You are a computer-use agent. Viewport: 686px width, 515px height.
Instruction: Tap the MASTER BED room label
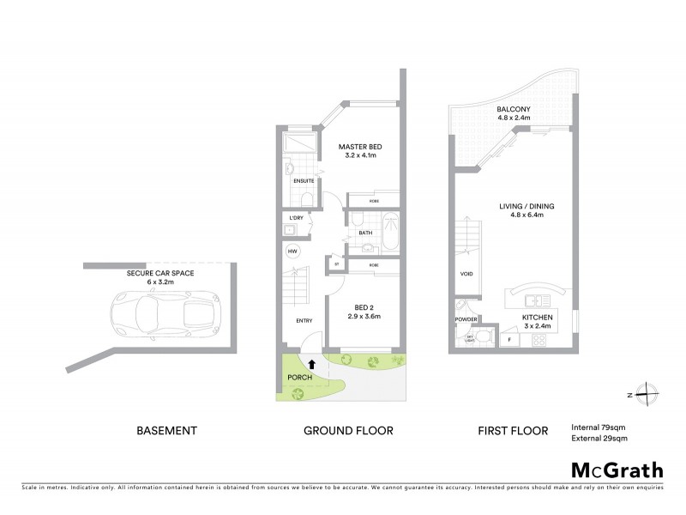tap(359, 147)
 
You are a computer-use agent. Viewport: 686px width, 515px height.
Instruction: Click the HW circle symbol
tap(293, 251)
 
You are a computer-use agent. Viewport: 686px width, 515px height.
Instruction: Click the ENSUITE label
tap(304, 181)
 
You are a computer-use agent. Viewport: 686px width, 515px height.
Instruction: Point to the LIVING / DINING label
tap(522, 206)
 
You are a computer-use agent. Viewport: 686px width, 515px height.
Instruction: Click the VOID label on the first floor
tap(466, 276)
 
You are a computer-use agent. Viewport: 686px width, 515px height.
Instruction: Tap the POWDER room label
tap(466, 318)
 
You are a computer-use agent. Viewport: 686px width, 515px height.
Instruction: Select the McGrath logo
tap(617, 470)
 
